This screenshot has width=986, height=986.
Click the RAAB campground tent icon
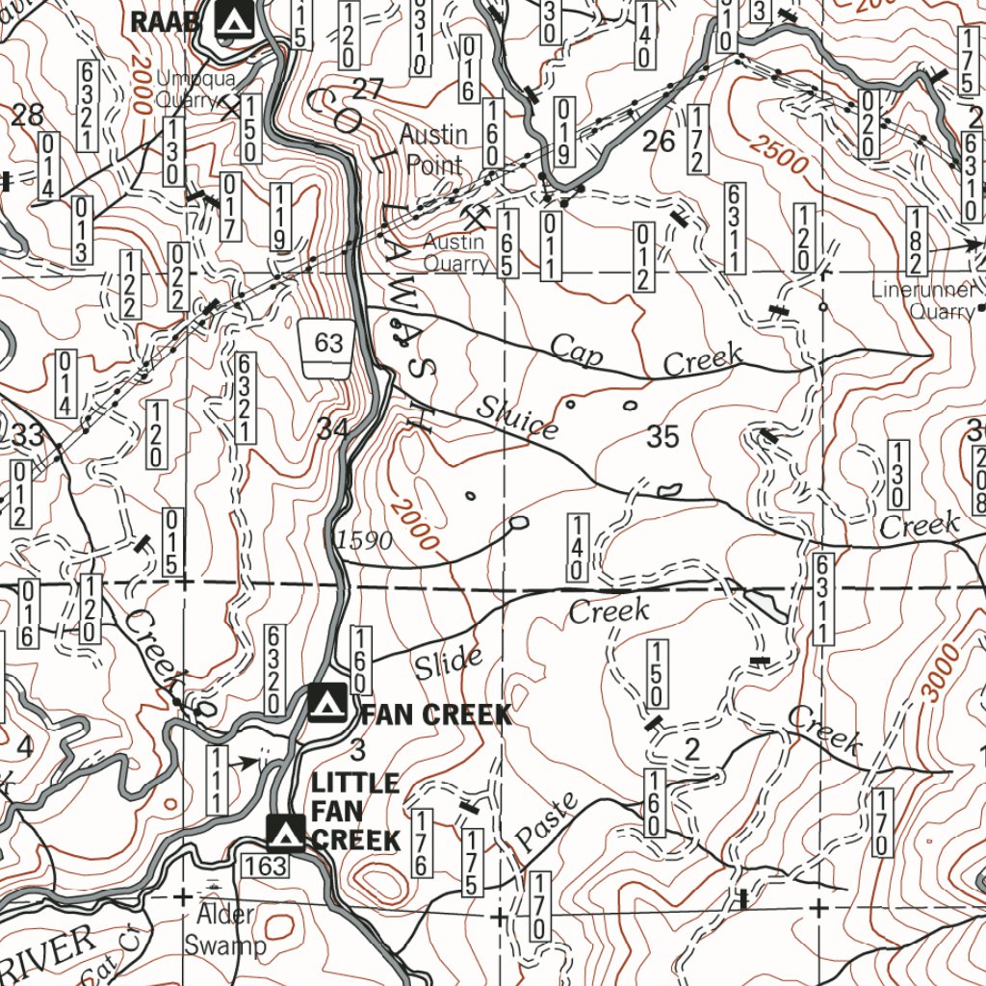pos(234,19)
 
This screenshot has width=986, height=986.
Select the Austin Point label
pos(433,149)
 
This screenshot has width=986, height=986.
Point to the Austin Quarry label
pos(456,252)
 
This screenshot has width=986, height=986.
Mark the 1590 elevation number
pos(365,541)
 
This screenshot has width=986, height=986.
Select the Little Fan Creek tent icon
pos(285,830)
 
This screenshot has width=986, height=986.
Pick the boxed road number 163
pos(265,866)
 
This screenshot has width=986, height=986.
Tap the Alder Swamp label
pos(224,930)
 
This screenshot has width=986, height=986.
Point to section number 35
pos(662,437)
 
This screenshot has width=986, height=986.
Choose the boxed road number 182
pos(916,240)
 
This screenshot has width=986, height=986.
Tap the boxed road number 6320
pos(273,669)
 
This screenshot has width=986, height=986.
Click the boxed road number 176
pos(421,843)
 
